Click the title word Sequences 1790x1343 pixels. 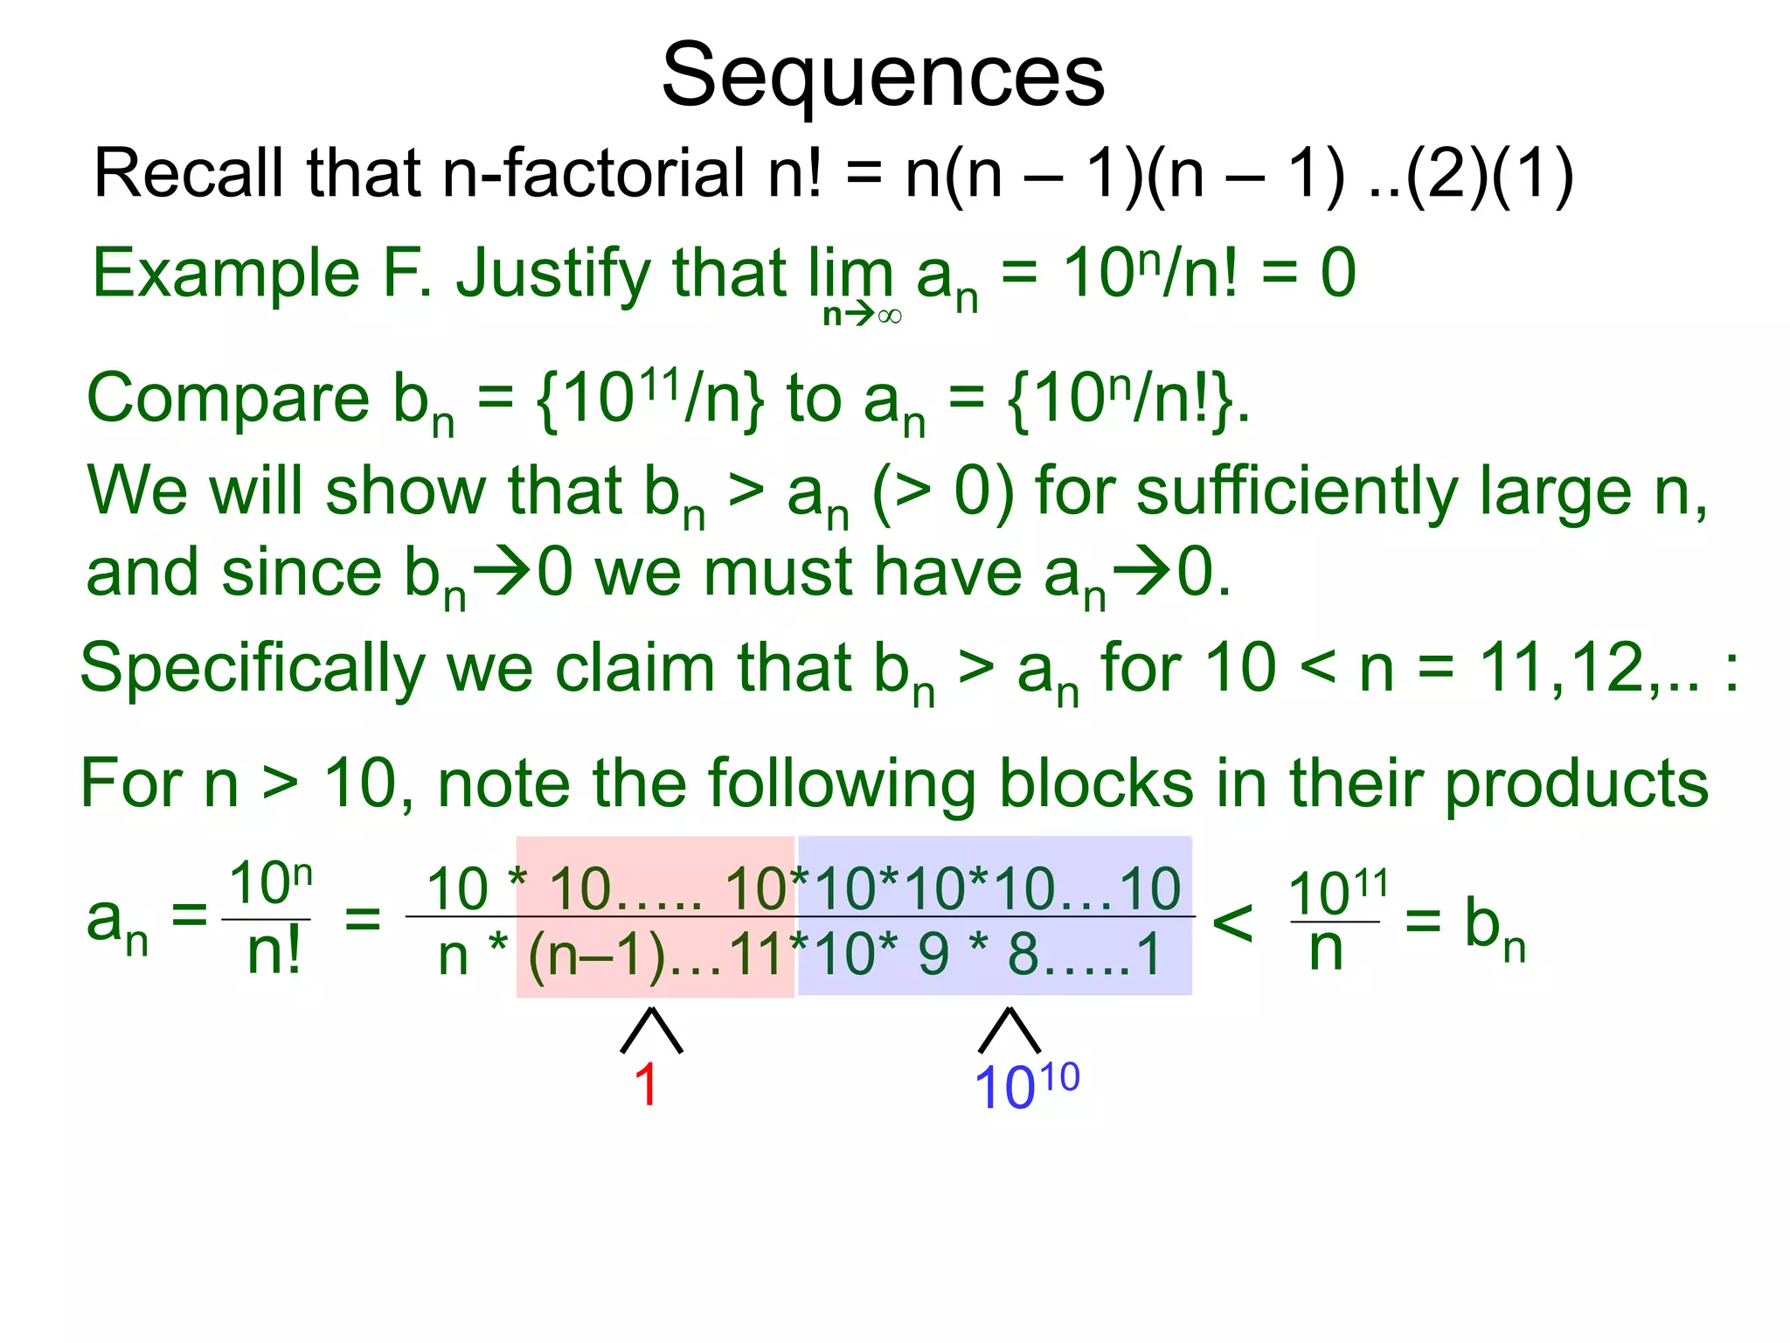(x=883, y=77)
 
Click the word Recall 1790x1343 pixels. (x=188, y=173)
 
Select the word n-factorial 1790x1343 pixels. (x=593, y=173)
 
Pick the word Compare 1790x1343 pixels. (x=228, y=399)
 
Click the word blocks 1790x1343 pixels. (x=1096, y=783)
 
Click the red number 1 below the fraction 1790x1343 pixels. (x=646, y=1085)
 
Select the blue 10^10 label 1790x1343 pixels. (x=1026, y=1086)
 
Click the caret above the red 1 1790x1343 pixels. (x=651, y=1030)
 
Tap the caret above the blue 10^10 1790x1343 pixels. (x=1009, y=1030)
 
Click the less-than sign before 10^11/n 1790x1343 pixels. (x=1233, y=922)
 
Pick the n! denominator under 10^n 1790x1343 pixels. (x=274, y=952)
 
